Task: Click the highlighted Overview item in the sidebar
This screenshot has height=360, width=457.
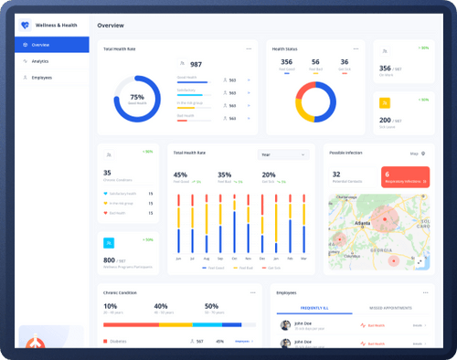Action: click(51, 45)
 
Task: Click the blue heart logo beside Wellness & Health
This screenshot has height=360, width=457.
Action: click(26, 26)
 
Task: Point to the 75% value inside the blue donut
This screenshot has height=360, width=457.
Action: click(137, 96)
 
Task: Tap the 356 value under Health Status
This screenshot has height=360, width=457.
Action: click(286, 62)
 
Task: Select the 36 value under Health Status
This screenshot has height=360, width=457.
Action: click(344, 62)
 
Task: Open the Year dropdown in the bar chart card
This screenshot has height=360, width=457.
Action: click(282, 154)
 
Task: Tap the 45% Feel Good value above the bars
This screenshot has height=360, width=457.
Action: click(180, 175)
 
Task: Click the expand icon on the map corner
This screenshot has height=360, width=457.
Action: click(420, 260)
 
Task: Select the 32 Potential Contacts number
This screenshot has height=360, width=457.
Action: click(336, 174)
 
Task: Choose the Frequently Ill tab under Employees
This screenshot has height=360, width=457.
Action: click(314, 310)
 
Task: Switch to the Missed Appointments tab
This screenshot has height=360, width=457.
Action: click(389, 310)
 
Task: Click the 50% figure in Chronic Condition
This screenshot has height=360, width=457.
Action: click(211, 307)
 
